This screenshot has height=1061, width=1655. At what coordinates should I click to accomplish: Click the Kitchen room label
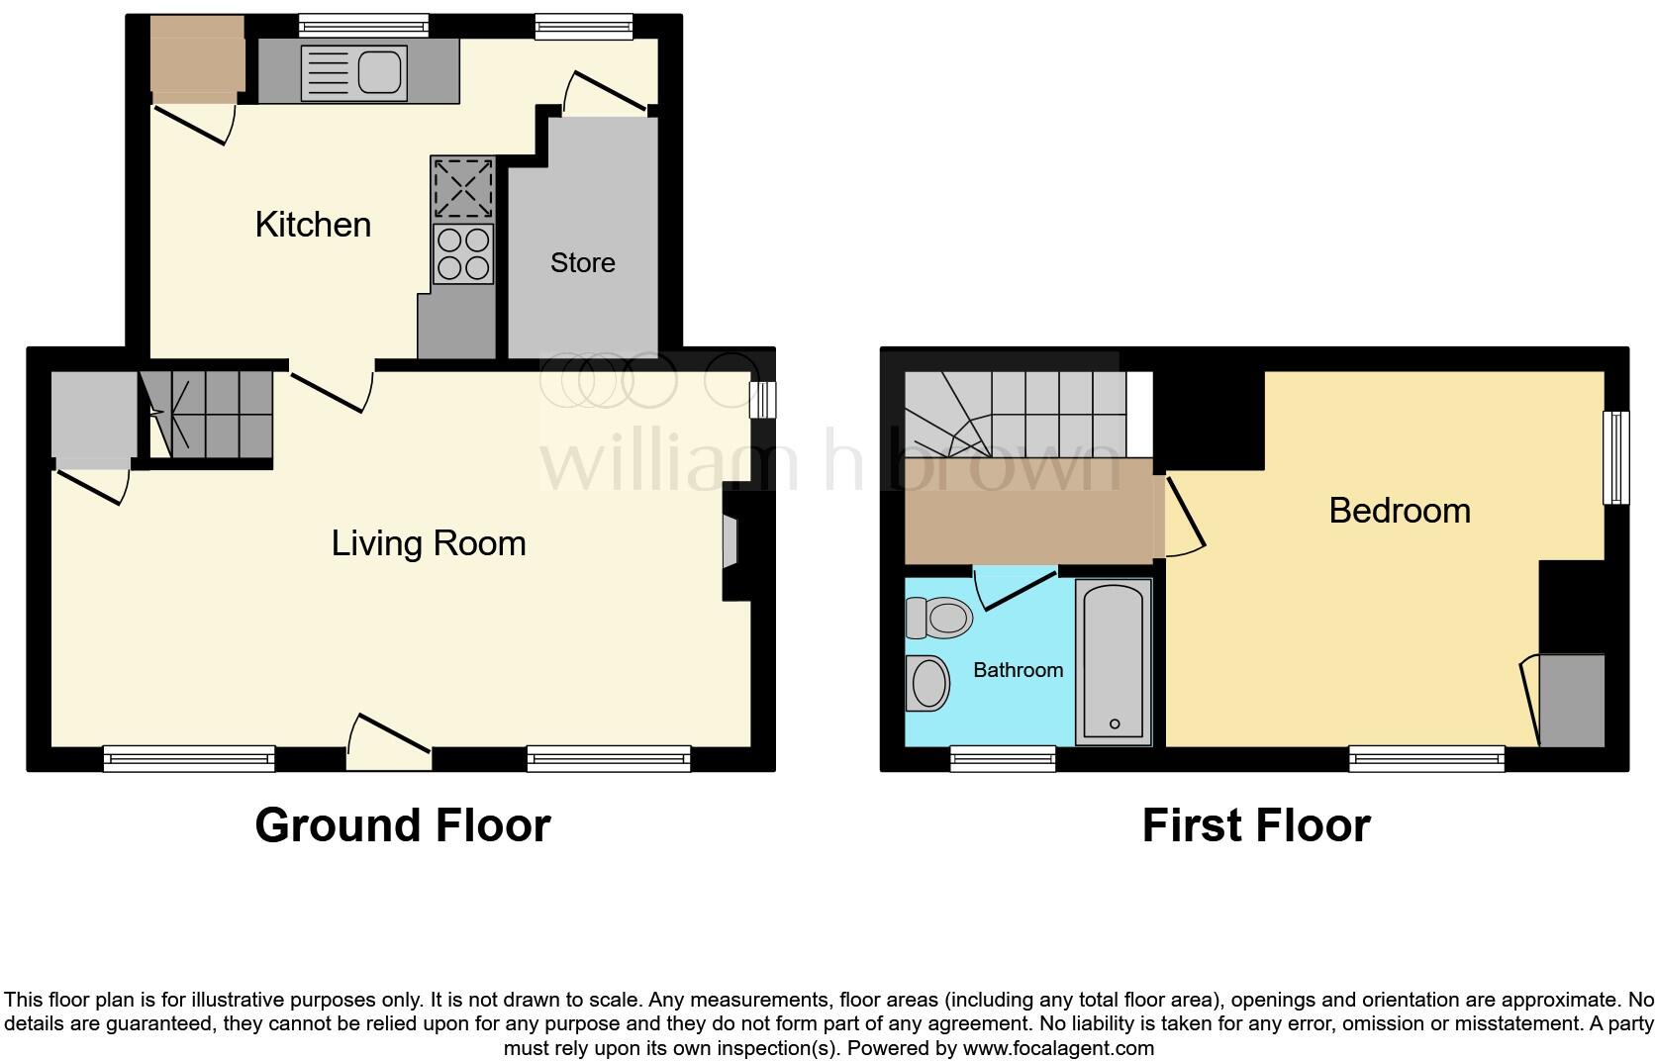(313, 225)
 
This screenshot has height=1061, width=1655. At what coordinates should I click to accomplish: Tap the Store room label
(582, 262)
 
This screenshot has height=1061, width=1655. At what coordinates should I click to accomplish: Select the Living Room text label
(428, 543)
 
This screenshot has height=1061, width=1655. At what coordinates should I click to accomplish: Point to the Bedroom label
(1399, 511)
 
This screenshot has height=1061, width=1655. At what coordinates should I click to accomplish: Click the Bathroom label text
(1018, 670)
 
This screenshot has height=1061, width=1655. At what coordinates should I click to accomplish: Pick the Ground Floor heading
(402, 825)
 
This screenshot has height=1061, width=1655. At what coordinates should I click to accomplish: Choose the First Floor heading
(1255, 825)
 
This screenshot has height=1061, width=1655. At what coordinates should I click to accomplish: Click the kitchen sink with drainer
(353, 72)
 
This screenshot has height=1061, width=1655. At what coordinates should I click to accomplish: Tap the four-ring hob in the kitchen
(463, 253)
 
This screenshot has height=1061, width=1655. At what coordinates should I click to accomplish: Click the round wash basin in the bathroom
(928, 683)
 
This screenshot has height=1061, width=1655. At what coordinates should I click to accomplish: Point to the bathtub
(1114, 661)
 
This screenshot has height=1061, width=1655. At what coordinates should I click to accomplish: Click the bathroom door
(1015, 588)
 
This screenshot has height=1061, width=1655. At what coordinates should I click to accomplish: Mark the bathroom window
(1003, 759)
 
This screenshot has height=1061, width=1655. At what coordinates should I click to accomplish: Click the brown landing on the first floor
(1029, 511)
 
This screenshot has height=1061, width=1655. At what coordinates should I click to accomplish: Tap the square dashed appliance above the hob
(463, 188)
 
